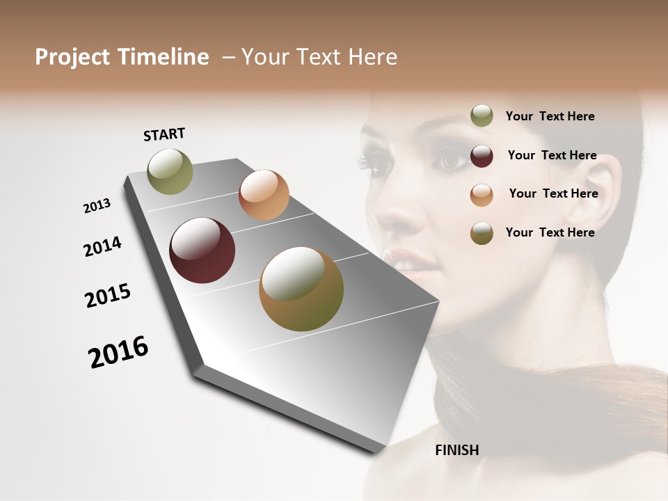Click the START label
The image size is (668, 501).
pos(164,134)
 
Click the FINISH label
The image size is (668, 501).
pos(457,450)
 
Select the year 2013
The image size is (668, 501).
pos(97,205)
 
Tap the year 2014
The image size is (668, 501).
pos(102,246)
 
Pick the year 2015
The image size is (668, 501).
pos(108,296)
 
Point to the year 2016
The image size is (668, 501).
pos(118,352)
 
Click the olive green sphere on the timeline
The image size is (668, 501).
pos(170,171)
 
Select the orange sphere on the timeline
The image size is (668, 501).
pos(264,195)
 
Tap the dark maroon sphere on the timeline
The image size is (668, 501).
pos(202,250)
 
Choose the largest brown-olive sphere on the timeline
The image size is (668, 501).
pos(301,289)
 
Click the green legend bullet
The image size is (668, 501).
pos(482,116)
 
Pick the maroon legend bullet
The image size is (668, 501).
pos(482,156)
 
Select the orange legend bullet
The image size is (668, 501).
pos(482,195)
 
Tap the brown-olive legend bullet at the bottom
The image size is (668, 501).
pos(482,233)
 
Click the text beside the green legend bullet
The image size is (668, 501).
pos(550,116)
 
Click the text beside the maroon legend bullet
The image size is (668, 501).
pos(552,155)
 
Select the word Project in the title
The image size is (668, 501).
pos(73,57)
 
